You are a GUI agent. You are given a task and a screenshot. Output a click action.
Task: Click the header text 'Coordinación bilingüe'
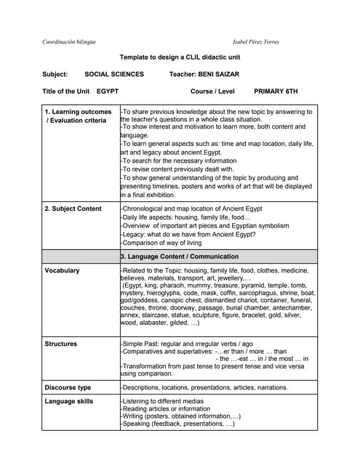[70, 41]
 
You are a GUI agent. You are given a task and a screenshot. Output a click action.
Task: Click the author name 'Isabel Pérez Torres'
[256, 41]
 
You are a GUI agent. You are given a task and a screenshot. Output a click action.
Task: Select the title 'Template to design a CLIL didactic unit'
[180, 57]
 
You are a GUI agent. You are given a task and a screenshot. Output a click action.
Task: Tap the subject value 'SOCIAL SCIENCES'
[114, 74]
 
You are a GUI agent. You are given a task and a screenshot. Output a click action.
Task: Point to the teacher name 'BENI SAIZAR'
[214, 74]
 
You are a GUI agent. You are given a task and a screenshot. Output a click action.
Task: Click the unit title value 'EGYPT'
[108, 92]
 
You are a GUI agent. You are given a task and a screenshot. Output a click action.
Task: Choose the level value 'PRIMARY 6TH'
[276, 92]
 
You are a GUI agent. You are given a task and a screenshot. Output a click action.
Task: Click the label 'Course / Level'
[212, 92]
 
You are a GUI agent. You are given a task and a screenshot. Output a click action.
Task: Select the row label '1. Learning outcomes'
[79, 112]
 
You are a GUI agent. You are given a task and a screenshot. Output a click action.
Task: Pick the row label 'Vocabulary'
[63, 270]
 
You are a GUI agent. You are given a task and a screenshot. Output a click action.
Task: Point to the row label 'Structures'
[61, 343]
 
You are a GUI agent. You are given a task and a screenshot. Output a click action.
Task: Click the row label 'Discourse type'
[68, 387]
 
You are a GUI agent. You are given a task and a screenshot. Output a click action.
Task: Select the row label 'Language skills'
[69, 401]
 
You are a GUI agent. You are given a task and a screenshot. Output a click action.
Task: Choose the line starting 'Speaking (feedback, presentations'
[178, 423]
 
